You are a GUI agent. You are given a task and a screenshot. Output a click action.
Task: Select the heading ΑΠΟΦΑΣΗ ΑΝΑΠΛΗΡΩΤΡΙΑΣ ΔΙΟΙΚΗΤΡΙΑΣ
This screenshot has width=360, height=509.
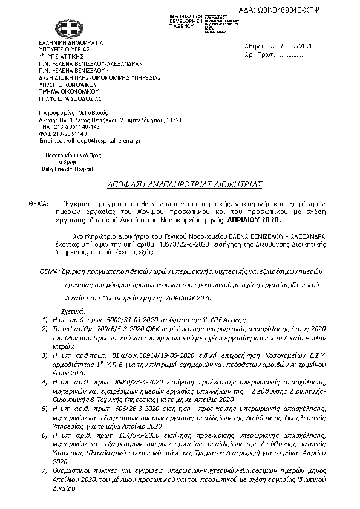pos(180,184)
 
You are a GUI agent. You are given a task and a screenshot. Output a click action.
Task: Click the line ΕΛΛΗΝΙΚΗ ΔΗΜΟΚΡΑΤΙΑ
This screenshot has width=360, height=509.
pos(71,43)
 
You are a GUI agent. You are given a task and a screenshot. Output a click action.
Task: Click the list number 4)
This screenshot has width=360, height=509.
pos(46,383)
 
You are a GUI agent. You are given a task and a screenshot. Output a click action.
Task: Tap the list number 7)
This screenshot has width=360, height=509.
pos(46,469)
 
